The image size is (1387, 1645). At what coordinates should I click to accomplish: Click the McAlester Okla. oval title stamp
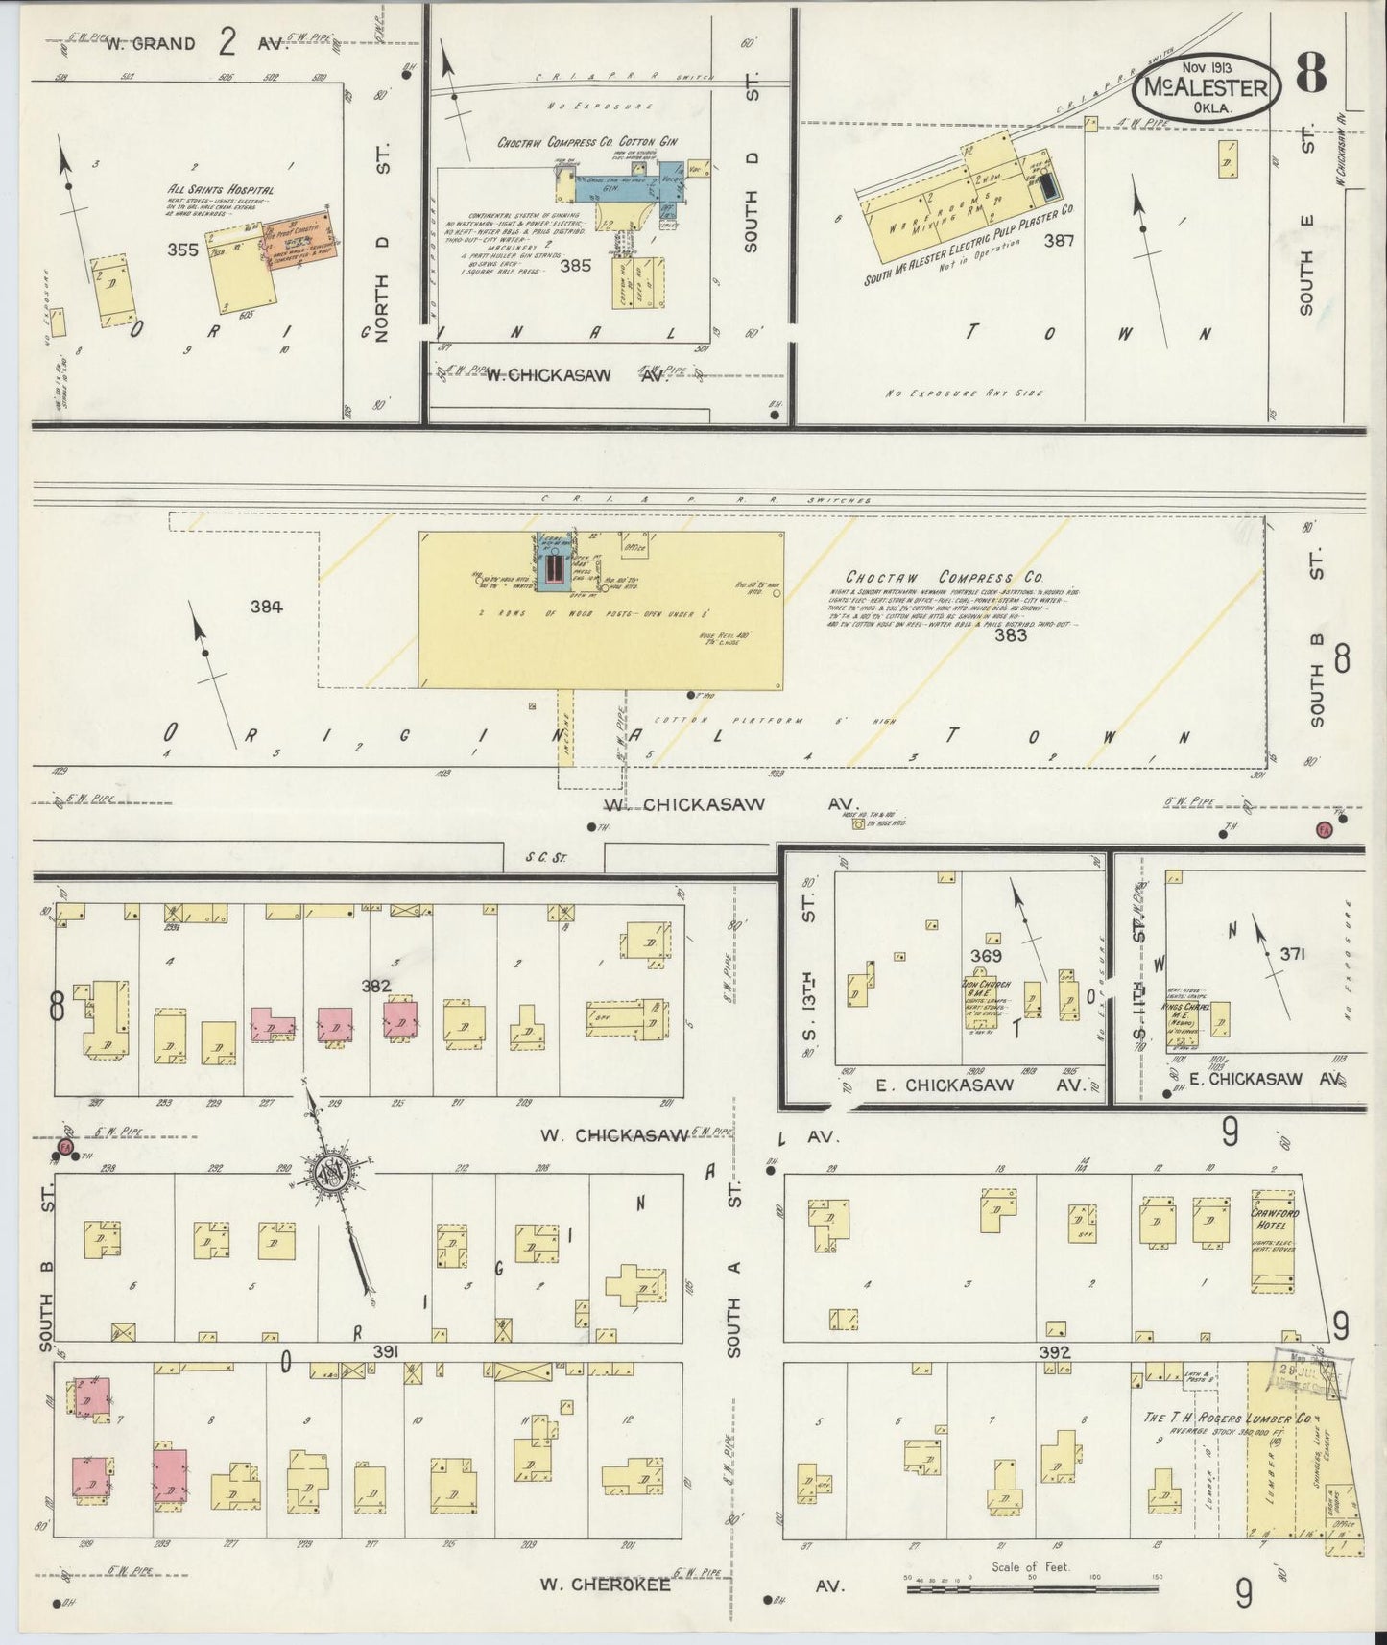[1207, 88]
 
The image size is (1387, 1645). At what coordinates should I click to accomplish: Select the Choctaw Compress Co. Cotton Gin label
[586, 141]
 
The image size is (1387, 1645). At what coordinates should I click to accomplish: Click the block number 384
[266, 606]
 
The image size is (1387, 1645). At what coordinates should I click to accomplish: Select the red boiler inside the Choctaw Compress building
[553, 572]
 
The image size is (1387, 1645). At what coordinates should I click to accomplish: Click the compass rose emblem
[332, 1173]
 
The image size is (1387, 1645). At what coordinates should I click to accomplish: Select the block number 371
[1292, 954]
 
